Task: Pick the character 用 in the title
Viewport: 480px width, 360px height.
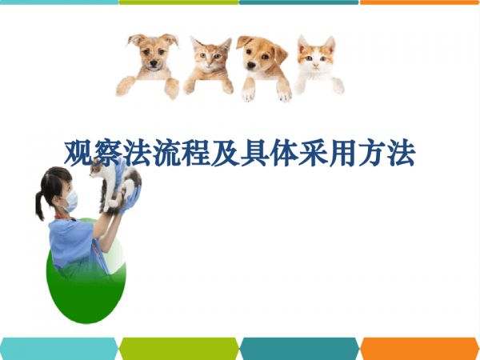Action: (342, 153)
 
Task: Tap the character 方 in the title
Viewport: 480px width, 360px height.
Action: (372, 153)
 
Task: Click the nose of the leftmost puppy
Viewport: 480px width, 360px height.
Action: (154, 64)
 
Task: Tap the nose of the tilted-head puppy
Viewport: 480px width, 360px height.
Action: (251, 65)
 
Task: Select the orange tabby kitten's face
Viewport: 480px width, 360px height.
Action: (210, 58)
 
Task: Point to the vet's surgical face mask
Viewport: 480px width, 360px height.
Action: (71, 201)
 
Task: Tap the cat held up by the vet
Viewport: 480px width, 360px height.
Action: (116, 186)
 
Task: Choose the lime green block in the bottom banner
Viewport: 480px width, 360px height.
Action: (178, 348)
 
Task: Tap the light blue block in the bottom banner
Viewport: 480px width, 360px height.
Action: (58, 348)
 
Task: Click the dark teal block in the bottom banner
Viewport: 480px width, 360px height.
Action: (299, 348)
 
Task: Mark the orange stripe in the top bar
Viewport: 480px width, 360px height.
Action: (420, 2)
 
